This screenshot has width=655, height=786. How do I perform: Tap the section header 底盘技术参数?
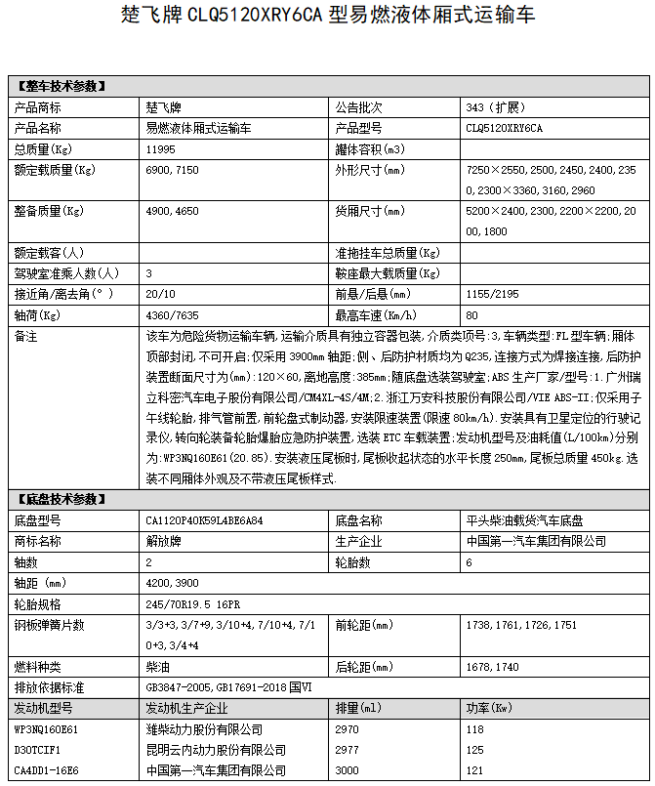coord(61,499)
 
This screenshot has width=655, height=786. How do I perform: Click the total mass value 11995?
coord(160,149)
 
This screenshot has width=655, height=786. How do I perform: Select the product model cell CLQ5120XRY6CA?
coord(505,128)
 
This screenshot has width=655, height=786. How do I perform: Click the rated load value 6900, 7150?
coord(172,171)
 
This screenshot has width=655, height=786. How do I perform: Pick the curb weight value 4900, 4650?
coord(172,211)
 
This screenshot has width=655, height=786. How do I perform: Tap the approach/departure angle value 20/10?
coord(160,294)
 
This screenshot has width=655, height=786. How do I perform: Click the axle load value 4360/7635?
coord(169,315)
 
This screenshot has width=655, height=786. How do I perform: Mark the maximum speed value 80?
coord(472,315)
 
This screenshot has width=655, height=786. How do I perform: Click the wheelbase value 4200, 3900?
coord(172,583)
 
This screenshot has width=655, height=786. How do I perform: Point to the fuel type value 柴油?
coord(156,667)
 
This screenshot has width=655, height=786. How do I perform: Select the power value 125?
coord(475,750)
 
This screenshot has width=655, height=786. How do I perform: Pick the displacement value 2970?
coord(347,729)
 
